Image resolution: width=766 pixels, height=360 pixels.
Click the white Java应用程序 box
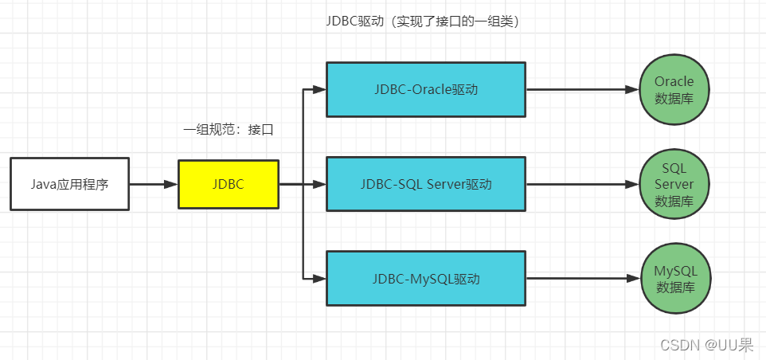pyautogui.click(x=69, y=184)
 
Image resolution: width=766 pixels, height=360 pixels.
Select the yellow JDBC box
pyautogui.click(x=229, y=184)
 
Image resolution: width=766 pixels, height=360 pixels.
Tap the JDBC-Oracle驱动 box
pyautogui.click(x=426, y=89)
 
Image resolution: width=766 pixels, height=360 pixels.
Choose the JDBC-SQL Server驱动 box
pyautogui.click(x=426, y=184)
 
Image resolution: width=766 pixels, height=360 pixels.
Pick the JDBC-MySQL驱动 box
pyautogui.click(x=426, y=279)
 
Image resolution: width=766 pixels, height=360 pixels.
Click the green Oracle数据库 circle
pyautogui.click(x=674, y=90)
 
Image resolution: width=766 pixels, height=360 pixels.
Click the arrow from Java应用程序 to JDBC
pyautogui.click(x=153, y=184)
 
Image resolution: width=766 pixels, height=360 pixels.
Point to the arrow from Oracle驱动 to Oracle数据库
pyautogui.click(x=581, y=89)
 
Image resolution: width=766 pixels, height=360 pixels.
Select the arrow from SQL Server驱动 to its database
pyautogui.click(x=581, y=184)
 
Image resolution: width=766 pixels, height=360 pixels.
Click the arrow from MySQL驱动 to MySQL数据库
pyautogui.click(x=581, y=279)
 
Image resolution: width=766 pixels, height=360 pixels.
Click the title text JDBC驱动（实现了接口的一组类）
pyautogui.click(x=424, y=22)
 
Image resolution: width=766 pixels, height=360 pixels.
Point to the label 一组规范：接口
pyautogui.click(x=229, y=130)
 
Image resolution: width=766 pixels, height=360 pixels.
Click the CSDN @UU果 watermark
pyautogui.click(x=707, y=344)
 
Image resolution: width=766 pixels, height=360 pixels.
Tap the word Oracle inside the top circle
pyautogui.click(x=674, y=81)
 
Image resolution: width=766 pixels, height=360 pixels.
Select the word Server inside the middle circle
pyautogui.click(x=674, y=184)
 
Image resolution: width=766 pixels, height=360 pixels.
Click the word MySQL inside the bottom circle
pyautogui.click(x=674, y=271)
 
